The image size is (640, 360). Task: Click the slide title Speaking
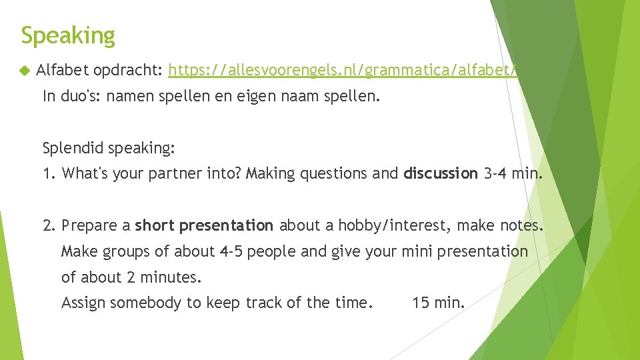(68, 35)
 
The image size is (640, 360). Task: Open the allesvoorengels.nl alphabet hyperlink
(343, 70)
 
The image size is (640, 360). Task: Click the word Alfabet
(63, 70)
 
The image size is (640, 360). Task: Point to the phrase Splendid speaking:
(109, 147)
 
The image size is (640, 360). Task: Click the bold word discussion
(441, 173)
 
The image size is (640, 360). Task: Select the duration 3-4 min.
(513, 173)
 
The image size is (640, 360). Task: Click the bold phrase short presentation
(204, 225)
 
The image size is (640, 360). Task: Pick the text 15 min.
(438, 303)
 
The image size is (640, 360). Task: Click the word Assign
(83, 303)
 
